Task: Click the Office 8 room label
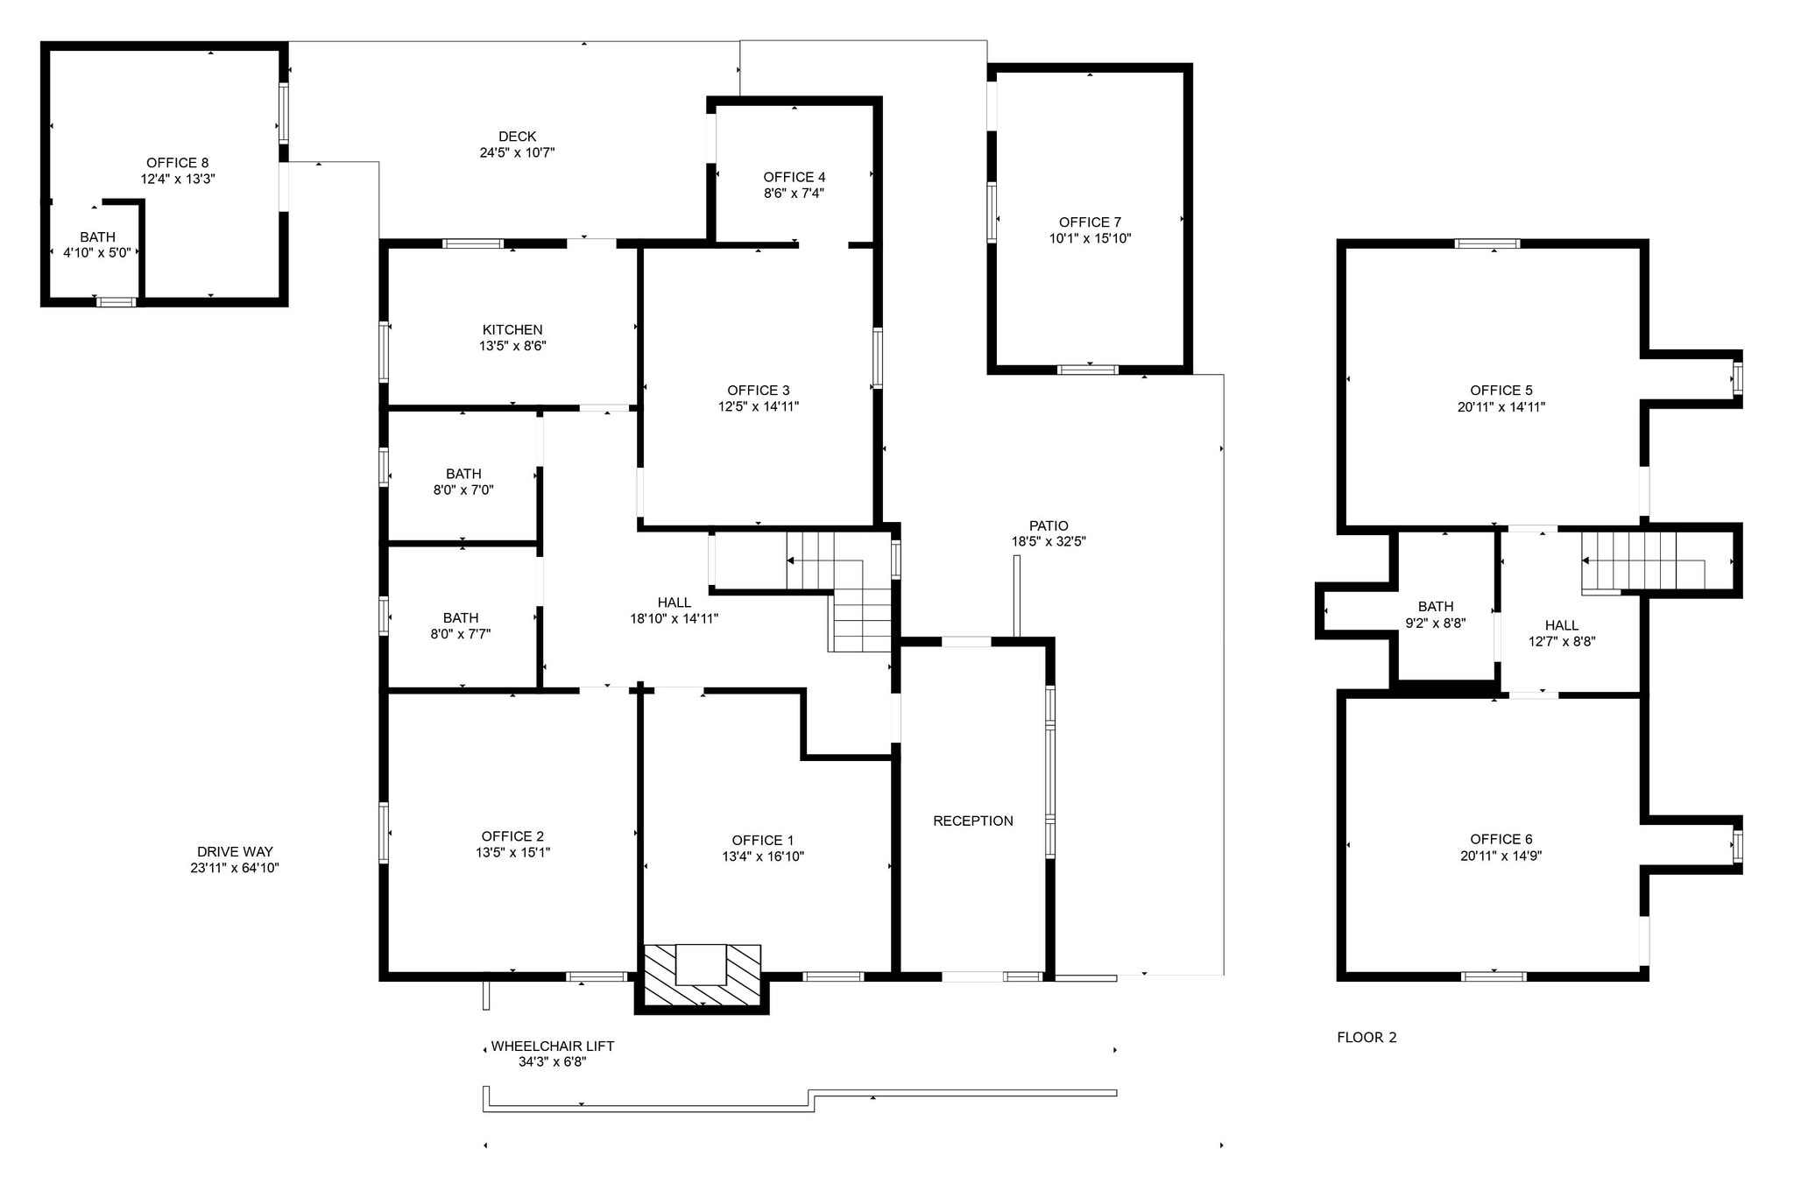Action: (x=177, y=163)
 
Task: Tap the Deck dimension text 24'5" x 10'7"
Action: (x=517, y=152)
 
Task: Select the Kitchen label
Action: (x=512, y=329)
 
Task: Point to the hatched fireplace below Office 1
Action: (x=703, y=976)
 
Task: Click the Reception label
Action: (x=972, y=821)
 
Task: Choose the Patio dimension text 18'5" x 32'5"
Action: (x=1049, y=541)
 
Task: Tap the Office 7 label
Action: (x=1090, y=222)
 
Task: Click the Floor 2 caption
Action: (x=1367, y=1037)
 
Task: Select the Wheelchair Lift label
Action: (x=552, y=1046)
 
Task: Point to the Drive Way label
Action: (x=235, y=851)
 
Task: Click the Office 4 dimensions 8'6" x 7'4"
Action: (x=794, y=193)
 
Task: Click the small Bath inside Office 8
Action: (x=97, y=244)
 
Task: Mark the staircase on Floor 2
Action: (x=1642, y=560)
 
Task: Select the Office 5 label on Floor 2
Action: (x=1501, y=391)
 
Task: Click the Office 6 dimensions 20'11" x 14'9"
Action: (x=1501, y=856)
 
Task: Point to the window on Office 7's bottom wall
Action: (x=1088, y=370)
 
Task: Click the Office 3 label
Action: (x=758, y=391)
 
